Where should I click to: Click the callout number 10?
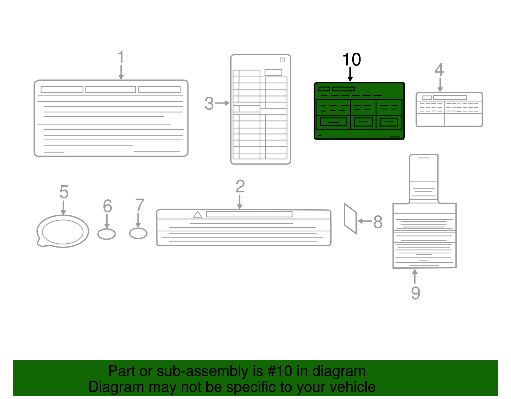(x=351, y=60)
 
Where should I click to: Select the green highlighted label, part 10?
(x=359, y=111)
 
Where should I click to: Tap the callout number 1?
(x=120, y=58)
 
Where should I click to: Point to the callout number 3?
(x=209, y=104)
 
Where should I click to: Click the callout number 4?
(x=439, y=70)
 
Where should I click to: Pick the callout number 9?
(x=415, y=293)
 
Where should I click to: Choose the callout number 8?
(x=378, y=222)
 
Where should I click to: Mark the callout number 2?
(x=240, y=187)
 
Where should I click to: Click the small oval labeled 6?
(x=106, y=234)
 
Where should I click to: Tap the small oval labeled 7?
(x=138, y=233)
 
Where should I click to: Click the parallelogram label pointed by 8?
(x=350, y=219)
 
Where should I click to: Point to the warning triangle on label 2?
(x=198, y=215)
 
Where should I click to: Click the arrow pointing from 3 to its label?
(x=222, y=103)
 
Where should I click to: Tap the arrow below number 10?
(x=350, y=74)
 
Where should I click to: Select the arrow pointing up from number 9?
(x=415, y=276)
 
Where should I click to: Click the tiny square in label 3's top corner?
(x=282, y=59)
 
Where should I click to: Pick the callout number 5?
(x=64, y=192)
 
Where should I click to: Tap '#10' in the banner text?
(x=279, y=371)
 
